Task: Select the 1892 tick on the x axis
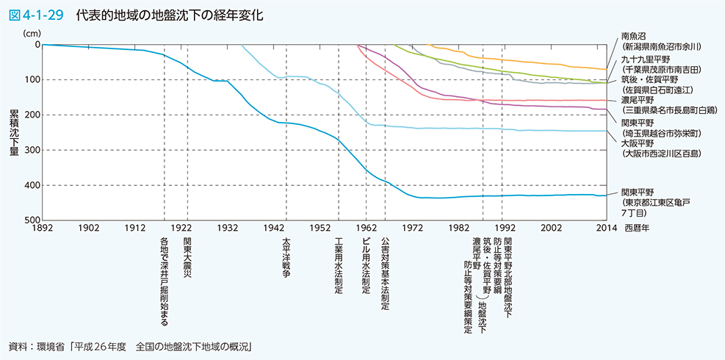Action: pos(43,228)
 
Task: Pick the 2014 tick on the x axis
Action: pos(607,228)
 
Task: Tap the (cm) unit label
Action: pos(34,33)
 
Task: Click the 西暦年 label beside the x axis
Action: pos(638,228)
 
